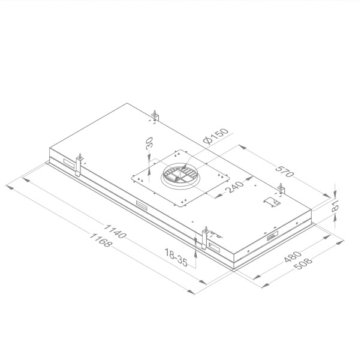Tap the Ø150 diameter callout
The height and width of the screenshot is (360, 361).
[x=214, y=136]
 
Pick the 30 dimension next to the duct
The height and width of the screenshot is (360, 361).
[x=149, y=145]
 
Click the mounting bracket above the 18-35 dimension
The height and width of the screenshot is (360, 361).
[x=205, y=236]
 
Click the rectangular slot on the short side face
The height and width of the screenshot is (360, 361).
[x=271, y=238]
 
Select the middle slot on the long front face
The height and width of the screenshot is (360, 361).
[x=143, y=205]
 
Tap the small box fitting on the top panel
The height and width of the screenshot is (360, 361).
[x=272, y=202]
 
